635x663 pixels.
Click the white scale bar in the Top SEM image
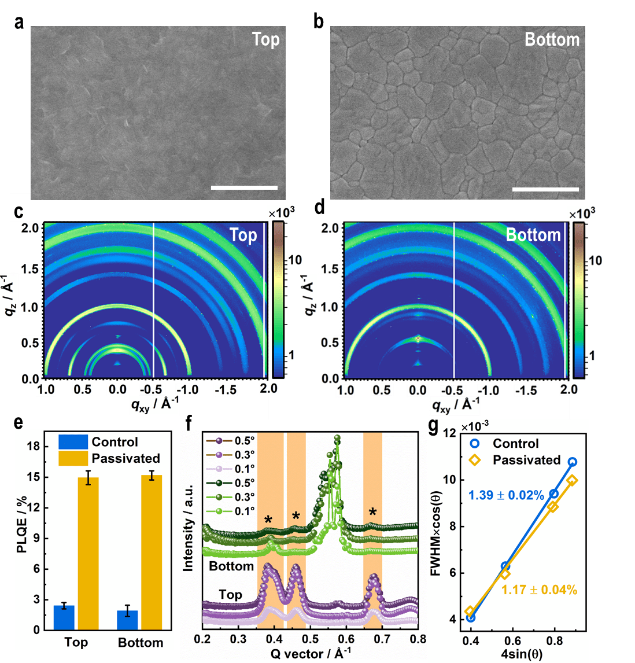[x=245, y=187]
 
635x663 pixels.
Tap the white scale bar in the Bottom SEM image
[x=545, y=189]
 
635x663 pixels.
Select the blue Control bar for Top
[x=64, y=617]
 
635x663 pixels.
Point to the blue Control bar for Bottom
[x=127, y=620]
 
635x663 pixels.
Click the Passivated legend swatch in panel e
[x=73, y=459]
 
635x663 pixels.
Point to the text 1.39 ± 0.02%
[x=506, y=495]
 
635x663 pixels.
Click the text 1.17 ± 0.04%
[x=539, y=590]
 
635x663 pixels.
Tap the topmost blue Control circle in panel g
[x=572, y=462]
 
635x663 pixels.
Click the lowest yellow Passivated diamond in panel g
[x=470, y=612]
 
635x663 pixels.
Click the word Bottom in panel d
[x=533, y=235]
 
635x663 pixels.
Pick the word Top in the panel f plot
[x=230, y=595]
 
